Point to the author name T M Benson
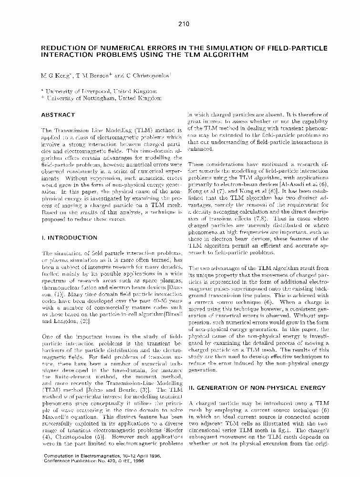point(94,75)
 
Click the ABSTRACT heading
point(58,115)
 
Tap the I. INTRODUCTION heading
point(70,238)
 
